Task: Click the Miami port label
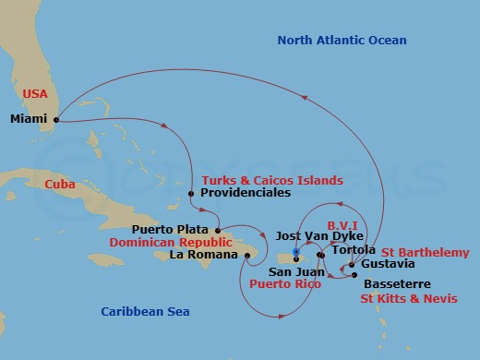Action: pos(30,119)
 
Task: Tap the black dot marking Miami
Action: pos(56,119)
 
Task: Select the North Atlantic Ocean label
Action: pos(343,40)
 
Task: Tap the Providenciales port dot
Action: pos(190,194)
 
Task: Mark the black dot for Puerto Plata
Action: pos(218,230)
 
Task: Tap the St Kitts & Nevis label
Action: pos(403,299)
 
